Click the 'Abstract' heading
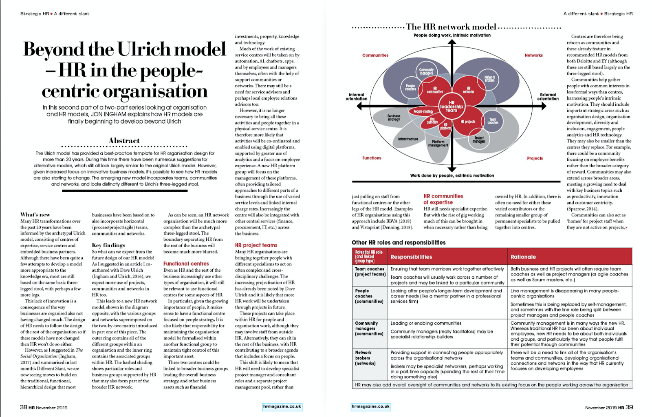[124, 140]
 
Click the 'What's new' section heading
[35, 214]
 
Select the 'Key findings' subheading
[108, 245]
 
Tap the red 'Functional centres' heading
[186, 264]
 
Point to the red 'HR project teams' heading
[256, 245]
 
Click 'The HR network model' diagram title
[451, 27]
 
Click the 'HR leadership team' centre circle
[452, 106]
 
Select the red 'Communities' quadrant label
[375, 55]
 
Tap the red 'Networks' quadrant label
[533, 55]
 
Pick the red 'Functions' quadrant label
[372, 158]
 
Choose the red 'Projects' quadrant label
[535, 158]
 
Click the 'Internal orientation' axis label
[356, 97]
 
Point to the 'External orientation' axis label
[548, 97]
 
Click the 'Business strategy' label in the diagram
[394, 118]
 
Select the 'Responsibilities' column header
[411, 257]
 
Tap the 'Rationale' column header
[523, 257]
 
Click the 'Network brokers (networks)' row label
[365, 358]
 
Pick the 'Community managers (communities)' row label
[369, 328]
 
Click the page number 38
[24, 407]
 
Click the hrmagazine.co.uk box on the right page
[370, 406]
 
